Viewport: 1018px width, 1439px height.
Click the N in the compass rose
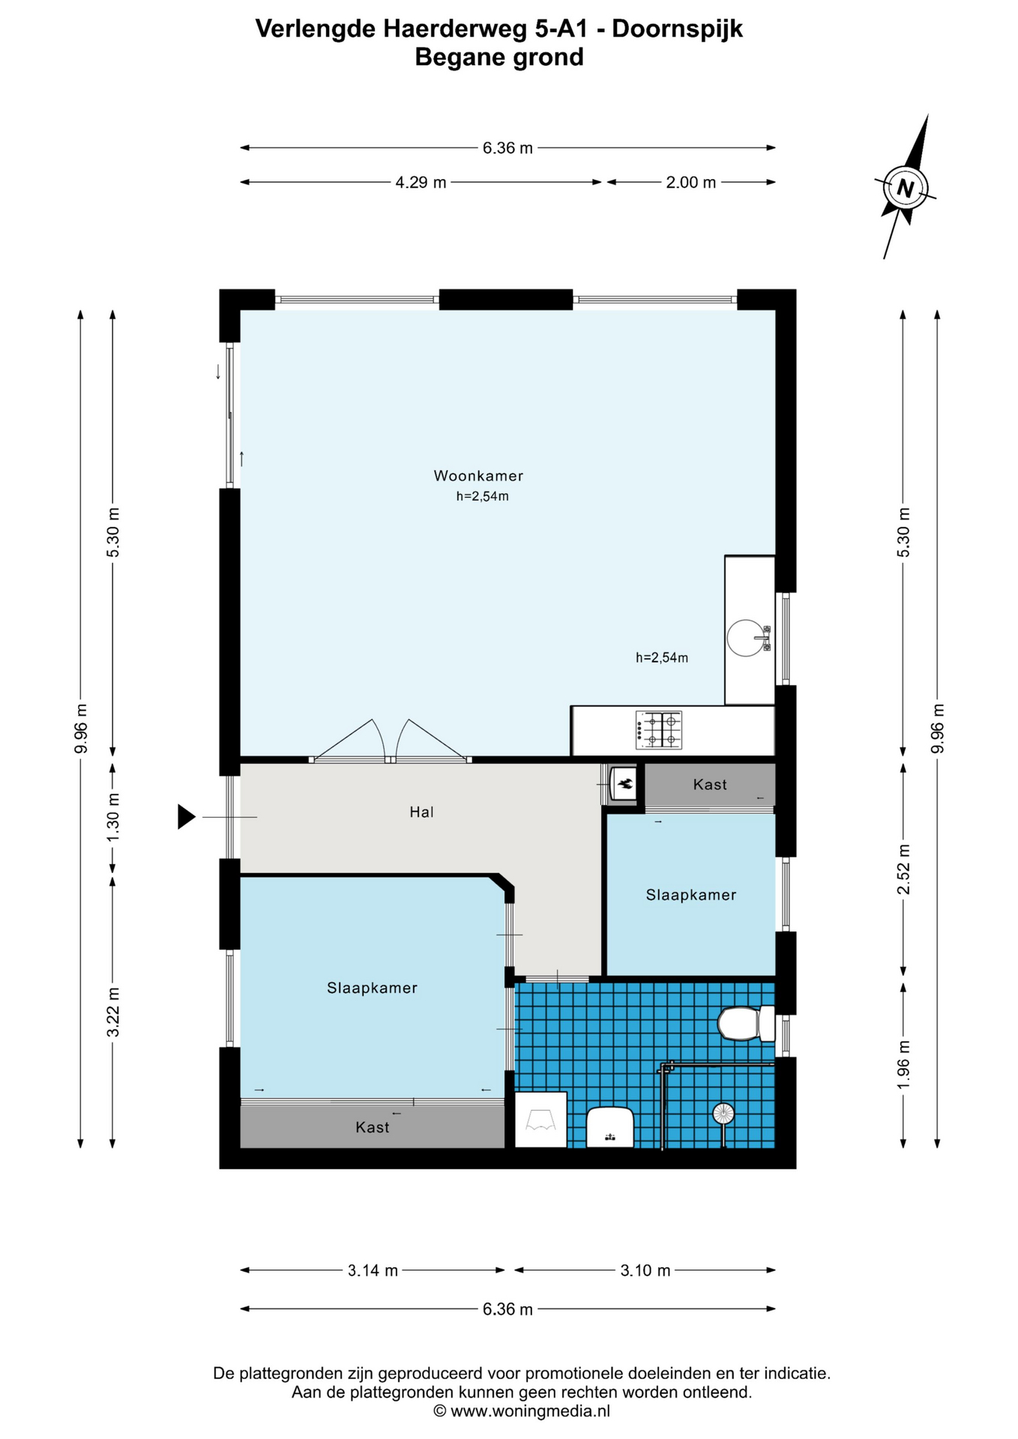point(905,188)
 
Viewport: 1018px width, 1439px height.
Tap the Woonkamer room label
point(478,476)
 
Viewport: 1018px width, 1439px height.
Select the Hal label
point(422,812)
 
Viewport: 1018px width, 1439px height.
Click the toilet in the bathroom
point(746,1024)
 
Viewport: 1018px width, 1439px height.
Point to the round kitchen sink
point(747,638)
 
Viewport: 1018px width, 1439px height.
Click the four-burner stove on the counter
point(659,730)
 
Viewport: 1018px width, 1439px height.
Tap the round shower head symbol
point(723,1113)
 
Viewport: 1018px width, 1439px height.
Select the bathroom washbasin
point(610,1127)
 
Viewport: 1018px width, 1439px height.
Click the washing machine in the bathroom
point(540,1120)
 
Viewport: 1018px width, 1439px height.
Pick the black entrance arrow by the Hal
point(187,816)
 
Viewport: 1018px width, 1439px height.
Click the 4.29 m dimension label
point(421,182)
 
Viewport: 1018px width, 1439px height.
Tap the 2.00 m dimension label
point(691,182)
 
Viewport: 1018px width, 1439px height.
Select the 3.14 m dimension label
point(373,1270)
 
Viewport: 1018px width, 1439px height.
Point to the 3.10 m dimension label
point(645,1270)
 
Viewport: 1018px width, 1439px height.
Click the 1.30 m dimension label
point(113,816)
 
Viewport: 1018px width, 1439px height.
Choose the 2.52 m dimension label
point(904,869)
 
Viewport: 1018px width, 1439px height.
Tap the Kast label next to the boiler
point(710,785)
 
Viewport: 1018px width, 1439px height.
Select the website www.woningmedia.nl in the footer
point(530,1411)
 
